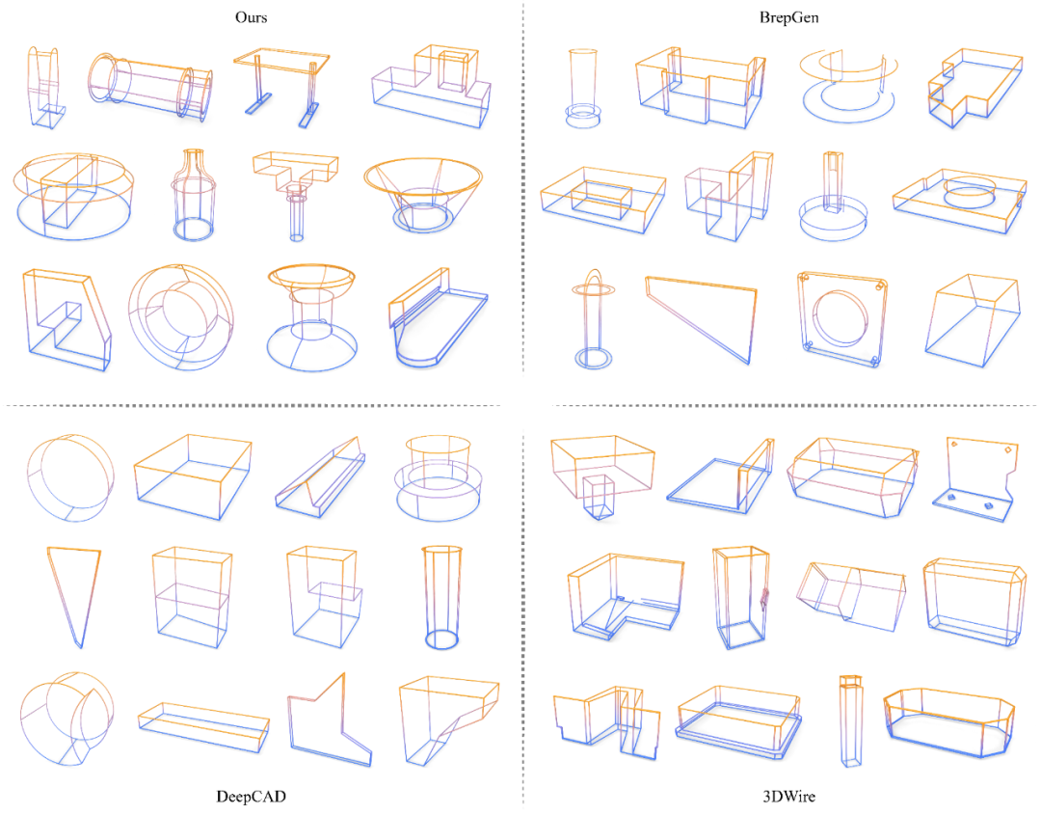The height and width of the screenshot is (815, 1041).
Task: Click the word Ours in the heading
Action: [x=251, y=17]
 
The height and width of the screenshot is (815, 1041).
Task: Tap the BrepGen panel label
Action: [x=788, y=17]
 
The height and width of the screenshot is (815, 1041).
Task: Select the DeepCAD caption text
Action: [x=251, y=797]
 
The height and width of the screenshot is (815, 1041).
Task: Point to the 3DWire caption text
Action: [x=788, y=797]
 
